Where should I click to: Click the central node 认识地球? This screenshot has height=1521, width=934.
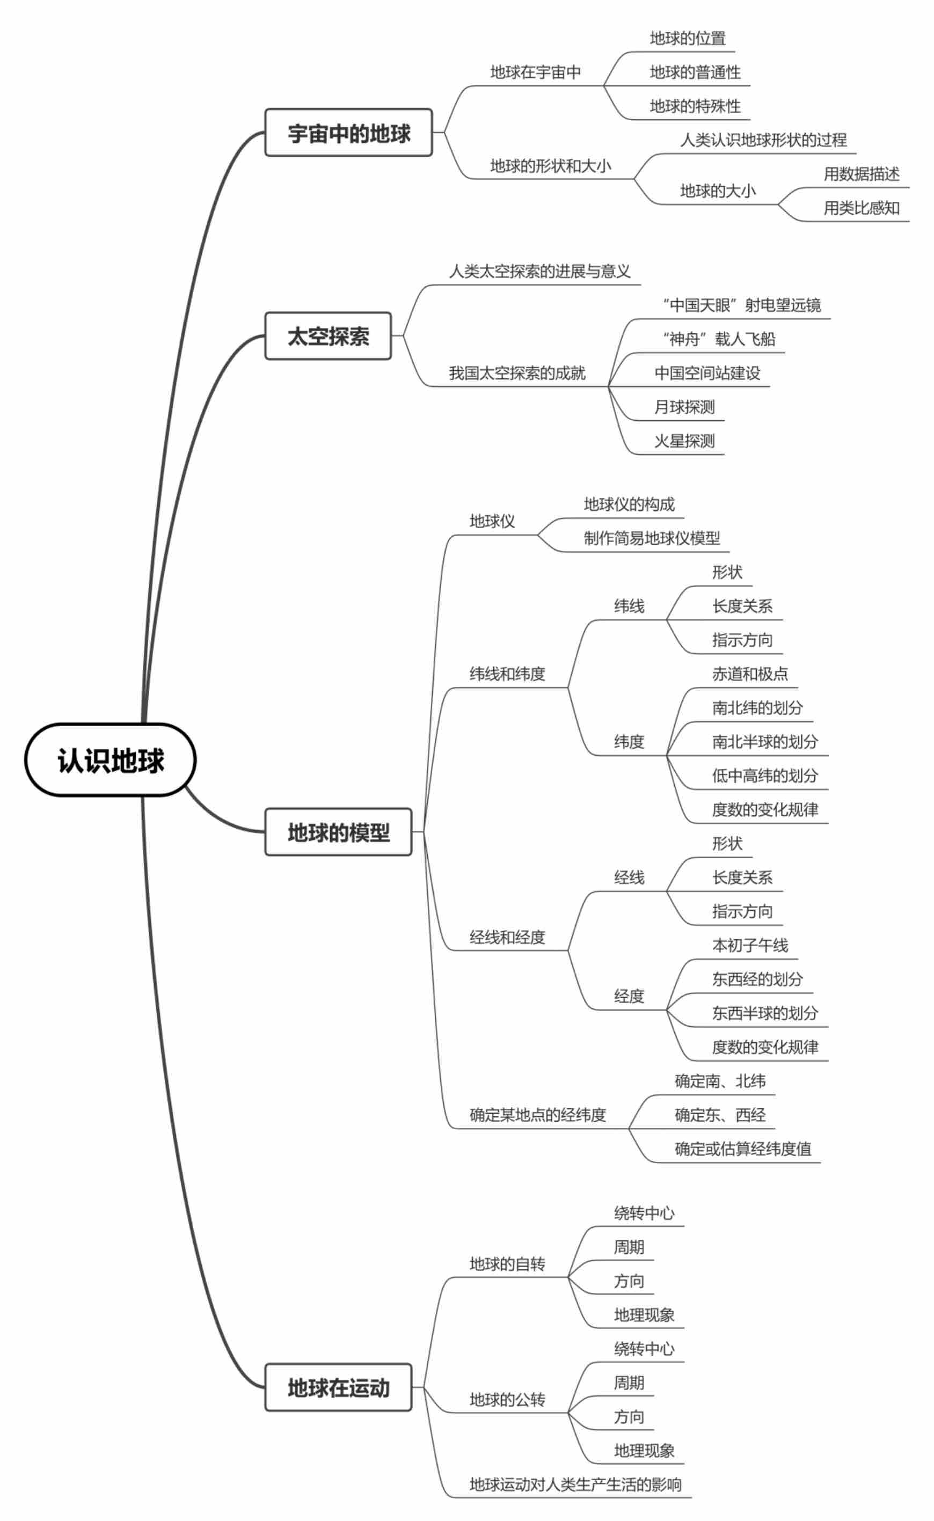tap(111, 759)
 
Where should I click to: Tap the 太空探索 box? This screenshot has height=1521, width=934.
tap(328, 337)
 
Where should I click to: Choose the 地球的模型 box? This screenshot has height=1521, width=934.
tap(339, 832)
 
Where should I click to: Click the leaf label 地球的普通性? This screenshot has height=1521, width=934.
tap(695, 72)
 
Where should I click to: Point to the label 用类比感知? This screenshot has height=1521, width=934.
tap(861, 208)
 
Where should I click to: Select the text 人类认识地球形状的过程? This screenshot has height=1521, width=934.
tap(763, 140)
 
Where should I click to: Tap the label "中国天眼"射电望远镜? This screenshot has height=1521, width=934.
tap(741, 305)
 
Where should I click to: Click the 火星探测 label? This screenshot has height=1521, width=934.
tap(684, 441)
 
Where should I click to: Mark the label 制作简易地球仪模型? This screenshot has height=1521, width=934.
tap(652, 538)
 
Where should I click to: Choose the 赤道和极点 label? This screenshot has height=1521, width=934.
tap(750, 674)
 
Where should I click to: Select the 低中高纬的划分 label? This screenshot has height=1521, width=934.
tap(765, 776)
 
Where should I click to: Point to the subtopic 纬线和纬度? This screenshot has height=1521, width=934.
tap(507, 674)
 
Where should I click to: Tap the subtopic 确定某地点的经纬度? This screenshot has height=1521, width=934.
tap(537, 1115)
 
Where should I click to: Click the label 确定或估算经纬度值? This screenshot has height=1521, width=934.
tap(742, 1149)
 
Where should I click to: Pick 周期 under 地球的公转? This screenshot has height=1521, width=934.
tap(629, 1383)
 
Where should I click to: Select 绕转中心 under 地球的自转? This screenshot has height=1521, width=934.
tap(644, 1213)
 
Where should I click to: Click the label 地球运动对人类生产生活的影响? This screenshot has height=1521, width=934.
tap(575, 1484)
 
